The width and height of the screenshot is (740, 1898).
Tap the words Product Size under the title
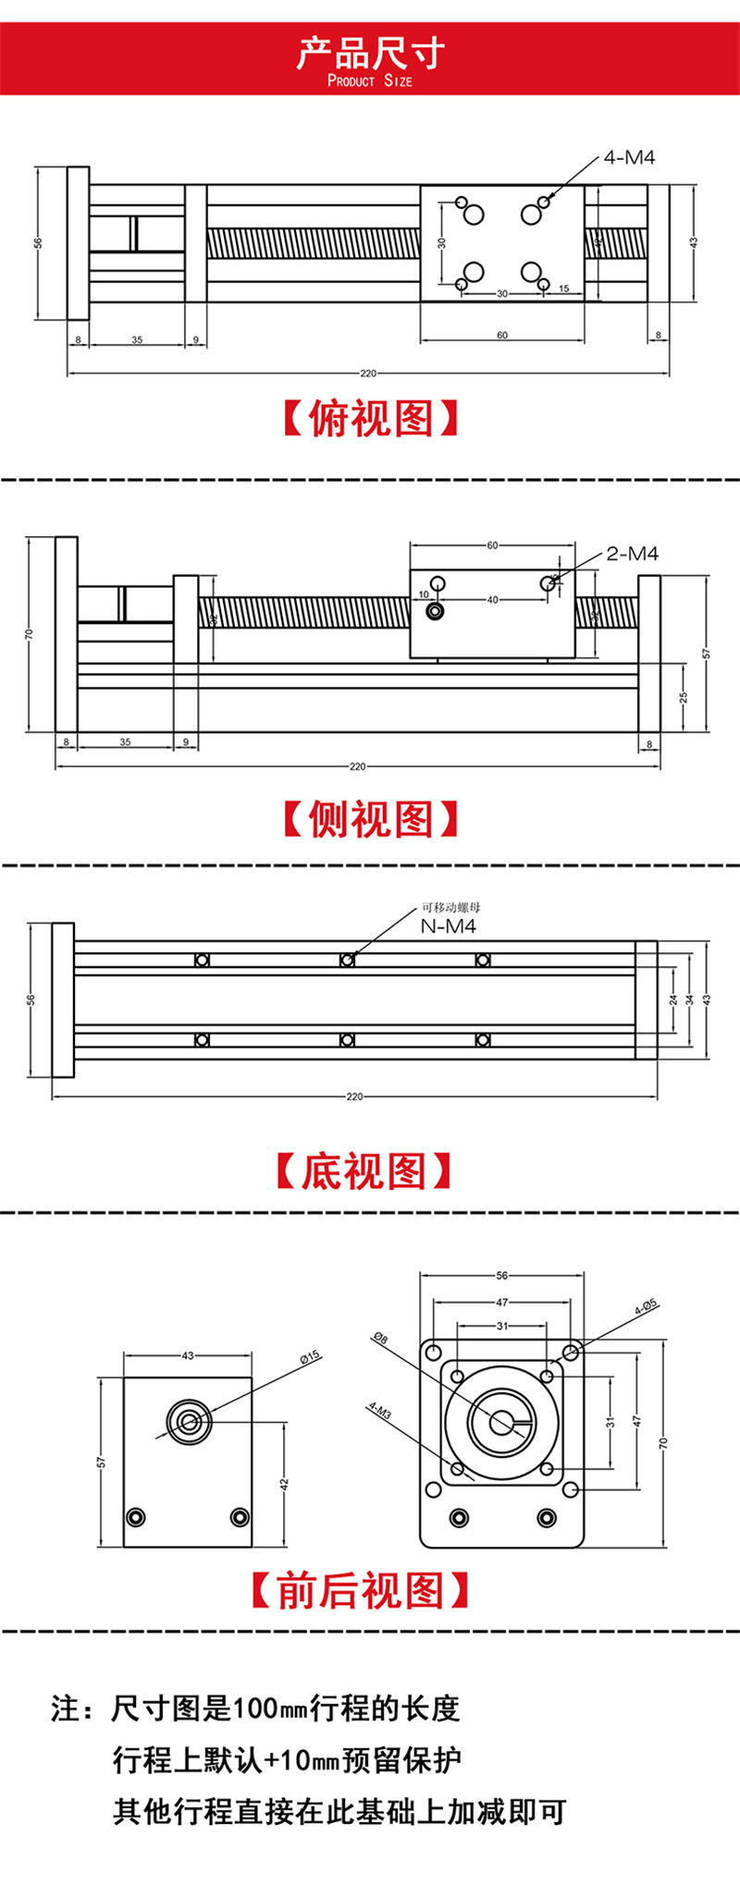click(x=370, y=81)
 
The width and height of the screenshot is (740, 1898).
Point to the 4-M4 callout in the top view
click(x=629, y=157)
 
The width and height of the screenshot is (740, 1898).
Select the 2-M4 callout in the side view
click(x=633, y=554)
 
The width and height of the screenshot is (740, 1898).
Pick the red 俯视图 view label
click(x=370, y=419)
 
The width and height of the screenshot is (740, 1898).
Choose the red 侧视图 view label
click(x=370, y=819)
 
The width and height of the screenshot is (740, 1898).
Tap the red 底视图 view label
click(x=364, y=1171)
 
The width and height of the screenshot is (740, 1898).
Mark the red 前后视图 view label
click(x=361, y=1591)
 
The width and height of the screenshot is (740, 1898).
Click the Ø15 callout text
click(x=310, y=1356)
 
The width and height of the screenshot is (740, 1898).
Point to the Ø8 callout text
click(x=380, y=1338)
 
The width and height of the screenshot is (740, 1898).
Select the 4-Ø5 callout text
click(x=646, y=1306)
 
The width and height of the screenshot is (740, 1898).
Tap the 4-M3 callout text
click(x=379, y=1410)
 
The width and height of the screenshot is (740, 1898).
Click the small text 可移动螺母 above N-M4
click(x=451, y=908)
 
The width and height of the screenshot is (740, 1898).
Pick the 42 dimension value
click(x=285, y=1483)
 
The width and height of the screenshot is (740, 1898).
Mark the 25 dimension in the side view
click(x=684, y=697)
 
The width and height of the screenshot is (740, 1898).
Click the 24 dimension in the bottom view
click(x=673, y=999)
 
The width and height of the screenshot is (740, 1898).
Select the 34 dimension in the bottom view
click(x=689, y=999)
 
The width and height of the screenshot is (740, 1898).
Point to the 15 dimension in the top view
click(x=564, y=289)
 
